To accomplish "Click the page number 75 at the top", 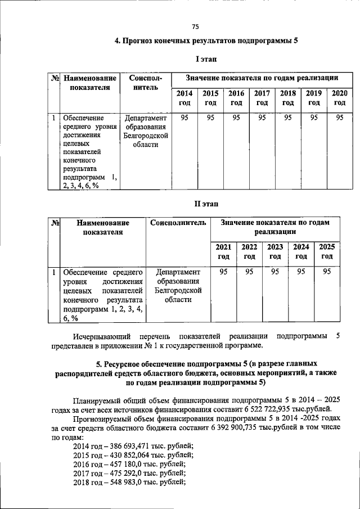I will click(195, 26).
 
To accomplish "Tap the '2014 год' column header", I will click(184, 98).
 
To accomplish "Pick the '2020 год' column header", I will click(339, 98).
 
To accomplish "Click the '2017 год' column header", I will click(262, 98).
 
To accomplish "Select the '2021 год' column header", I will click(223, 251).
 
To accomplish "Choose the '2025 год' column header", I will click(327, 251).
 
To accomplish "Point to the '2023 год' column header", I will click(275, 251).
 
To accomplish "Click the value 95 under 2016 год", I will click(236, 118).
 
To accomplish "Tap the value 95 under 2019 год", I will click(313, 118).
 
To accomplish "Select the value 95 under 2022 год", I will click(249, 272).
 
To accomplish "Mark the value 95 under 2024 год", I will click(301, 272).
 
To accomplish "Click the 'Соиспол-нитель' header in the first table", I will click(145, 83).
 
